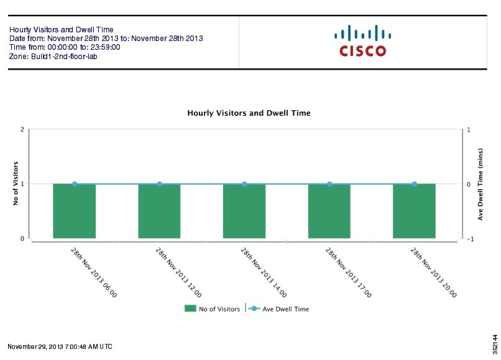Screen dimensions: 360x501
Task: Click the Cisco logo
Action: point(362,42)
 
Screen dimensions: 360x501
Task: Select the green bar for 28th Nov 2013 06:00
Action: point(75,211)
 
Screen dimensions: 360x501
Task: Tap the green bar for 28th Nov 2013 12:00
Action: point(159,211)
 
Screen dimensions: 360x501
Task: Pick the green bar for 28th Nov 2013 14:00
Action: point(244,211)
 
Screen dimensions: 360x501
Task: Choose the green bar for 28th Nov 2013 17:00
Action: point(329,211)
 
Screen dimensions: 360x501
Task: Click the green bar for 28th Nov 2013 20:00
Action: point(414,211)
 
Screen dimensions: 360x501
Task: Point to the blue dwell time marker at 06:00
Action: point(75,184)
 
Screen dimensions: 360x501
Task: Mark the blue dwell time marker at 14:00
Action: point(244,184)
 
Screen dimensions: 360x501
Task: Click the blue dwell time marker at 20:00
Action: point(415,184)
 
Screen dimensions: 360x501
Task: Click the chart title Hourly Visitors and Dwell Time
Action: point(249,113)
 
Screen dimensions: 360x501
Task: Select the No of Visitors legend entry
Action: point(212,309)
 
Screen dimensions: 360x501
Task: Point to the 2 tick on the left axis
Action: point(22,129)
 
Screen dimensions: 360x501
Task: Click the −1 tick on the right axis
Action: point(470,239)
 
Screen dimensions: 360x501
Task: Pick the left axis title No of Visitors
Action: point(16,184)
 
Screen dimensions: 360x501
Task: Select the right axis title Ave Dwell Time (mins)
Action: point(480,184)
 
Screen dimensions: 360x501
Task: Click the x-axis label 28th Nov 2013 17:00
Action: point(347,272)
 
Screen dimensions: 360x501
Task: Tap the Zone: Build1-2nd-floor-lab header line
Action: point(53,57)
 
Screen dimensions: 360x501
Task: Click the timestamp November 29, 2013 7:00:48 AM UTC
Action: point(60,346)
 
